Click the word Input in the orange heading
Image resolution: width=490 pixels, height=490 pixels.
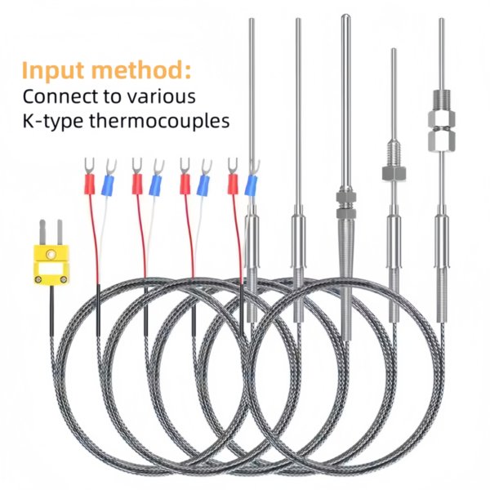[x=55, y=69]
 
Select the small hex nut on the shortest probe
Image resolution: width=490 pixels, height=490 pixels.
[x=393, y=172]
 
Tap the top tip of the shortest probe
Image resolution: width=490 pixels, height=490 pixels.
[x=394, y=51]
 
